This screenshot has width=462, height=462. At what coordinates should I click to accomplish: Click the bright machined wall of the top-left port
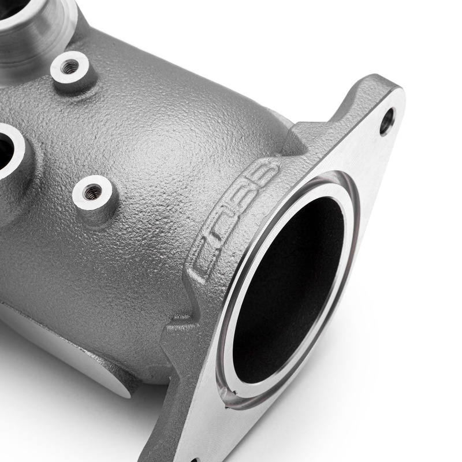46,35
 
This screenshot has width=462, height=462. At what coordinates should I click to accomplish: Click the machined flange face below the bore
289,427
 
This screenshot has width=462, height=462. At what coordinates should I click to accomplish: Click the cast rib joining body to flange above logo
300,139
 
